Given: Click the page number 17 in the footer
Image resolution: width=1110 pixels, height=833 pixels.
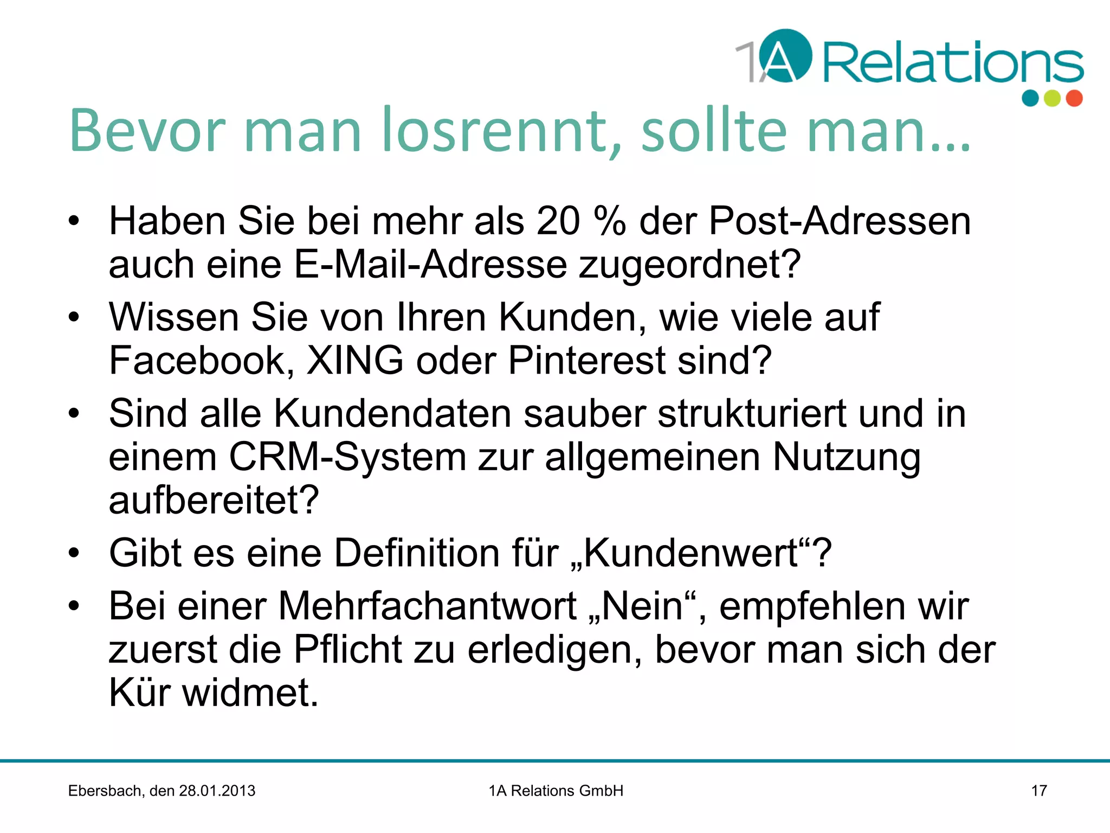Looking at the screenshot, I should pyautogui.click(x=1038, y=791).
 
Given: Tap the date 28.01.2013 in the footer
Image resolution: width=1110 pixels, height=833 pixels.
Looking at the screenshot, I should pyautogui.click(x=217, y=791).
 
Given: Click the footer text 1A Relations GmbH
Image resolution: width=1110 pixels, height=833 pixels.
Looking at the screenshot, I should pyautogui.click(x=556, y=791).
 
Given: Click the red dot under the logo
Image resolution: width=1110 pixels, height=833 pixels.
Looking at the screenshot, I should pyautogui.click(x=1074, y=98).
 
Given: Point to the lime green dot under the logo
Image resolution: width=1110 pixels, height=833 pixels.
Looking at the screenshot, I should pyautogui.click(x=1052, y=98).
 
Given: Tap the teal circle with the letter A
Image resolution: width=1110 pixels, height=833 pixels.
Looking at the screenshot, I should pyautogui.click(x=785, y=56).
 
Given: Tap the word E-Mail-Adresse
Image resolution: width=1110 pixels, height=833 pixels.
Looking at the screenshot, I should pyautogui.click(x=430, y=265).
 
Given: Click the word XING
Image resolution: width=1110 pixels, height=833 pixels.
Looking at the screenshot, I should pyautogui.click(x=355, y=361).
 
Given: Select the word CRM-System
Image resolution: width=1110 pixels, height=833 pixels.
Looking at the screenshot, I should pyautogui.click(x=347, y=457).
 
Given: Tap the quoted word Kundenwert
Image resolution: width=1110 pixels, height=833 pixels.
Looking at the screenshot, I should pyautogui.click(x=691, y=553).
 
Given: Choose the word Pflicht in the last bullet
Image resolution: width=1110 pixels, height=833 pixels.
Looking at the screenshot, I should pyautogui.click(x=347, y=649).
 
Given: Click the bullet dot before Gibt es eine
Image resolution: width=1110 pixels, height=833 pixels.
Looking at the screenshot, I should pyautogui.click(x=74, y=554).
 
